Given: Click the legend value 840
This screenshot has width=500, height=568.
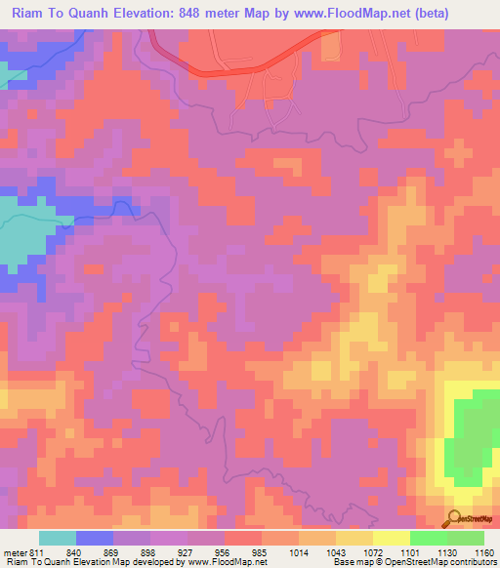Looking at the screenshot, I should click(75, 552).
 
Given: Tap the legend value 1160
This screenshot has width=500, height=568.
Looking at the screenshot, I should click(484, 552).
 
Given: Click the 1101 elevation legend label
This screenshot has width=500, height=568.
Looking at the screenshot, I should click(411, 552).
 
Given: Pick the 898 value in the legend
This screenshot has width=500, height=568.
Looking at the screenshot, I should click(149, 552).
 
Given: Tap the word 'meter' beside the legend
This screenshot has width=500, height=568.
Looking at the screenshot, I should click(15, 552).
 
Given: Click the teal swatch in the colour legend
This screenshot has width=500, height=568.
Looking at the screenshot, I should click(57, 538).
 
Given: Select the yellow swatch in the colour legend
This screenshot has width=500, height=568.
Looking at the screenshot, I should click(391, 538).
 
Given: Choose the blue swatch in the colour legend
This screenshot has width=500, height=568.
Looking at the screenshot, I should click(94, 538).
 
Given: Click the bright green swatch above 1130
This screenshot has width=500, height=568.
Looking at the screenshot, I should click(428, 538).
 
